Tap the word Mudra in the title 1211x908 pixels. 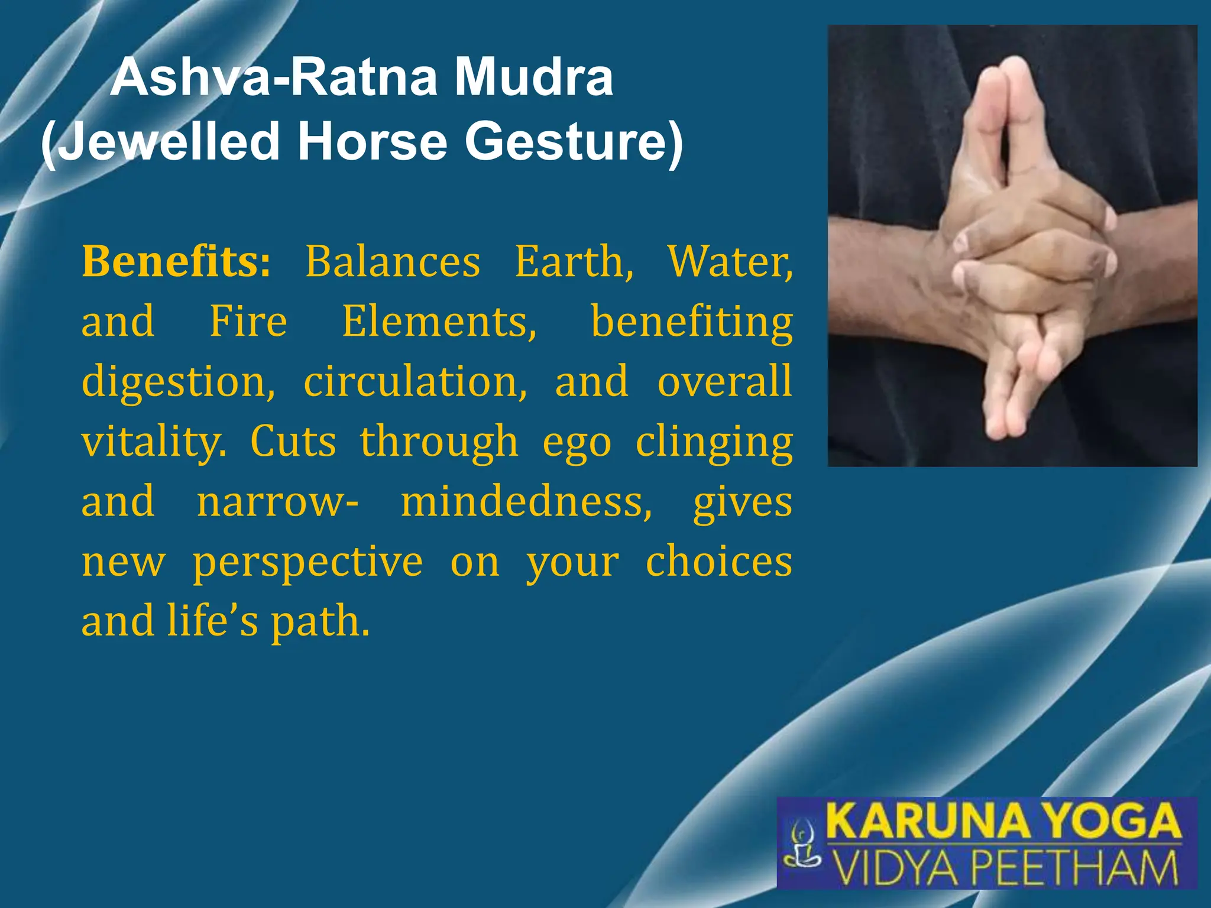[x=533, y=78]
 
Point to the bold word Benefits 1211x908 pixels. [x=176, y=261]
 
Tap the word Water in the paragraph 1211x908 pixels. [x=730, y=261]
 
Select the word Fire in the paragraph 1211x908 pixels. [x=248, y=322]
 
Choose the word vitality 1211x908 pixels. [x=154, y=442]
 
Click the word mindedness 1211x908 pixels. [x=526, y=502]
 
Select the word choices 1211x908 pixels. [x=718, y=562]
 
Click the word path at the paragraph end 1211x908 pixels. [x=320, y=622]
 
